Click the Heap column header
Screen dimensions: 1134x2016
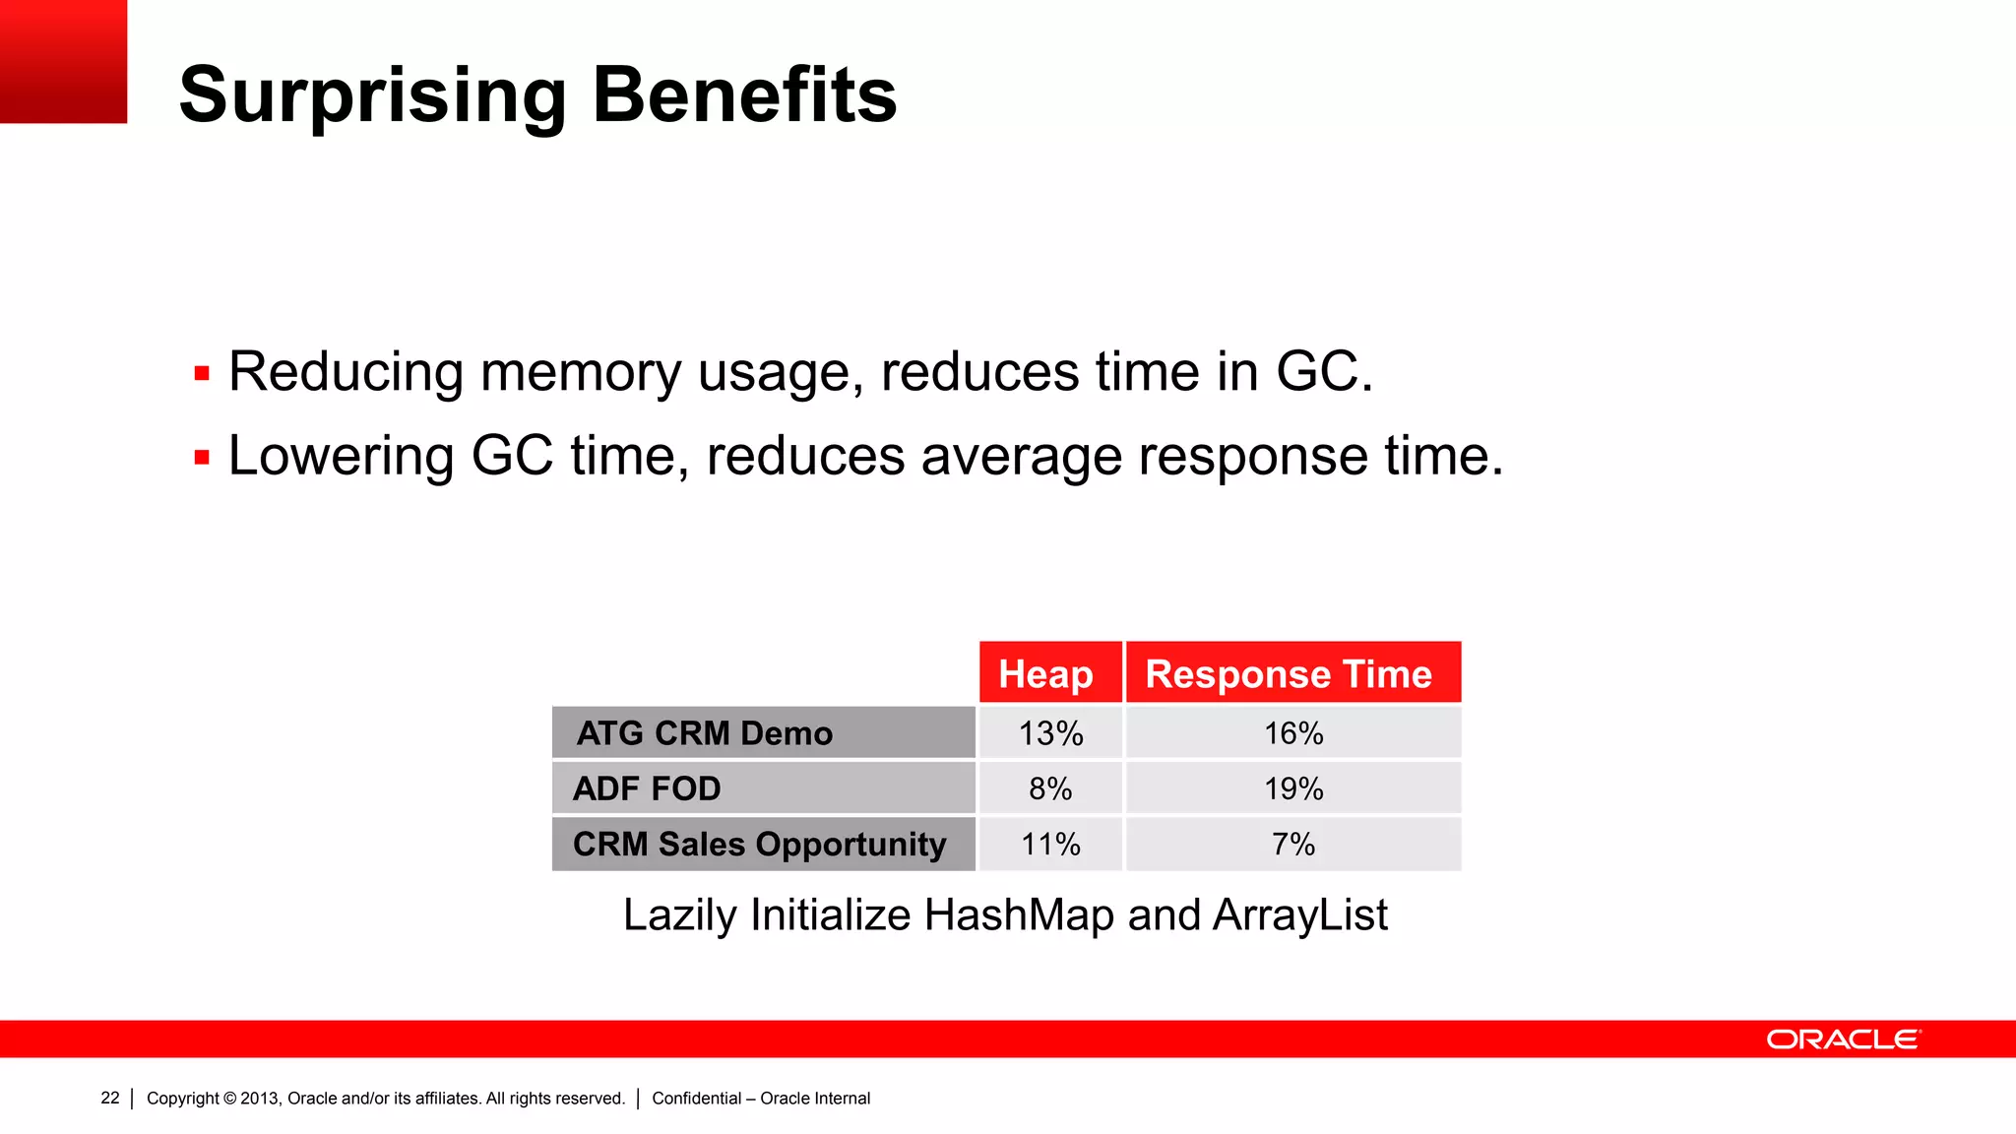[1045, 674]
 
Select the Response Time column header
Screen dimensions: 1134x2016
[1289, 674]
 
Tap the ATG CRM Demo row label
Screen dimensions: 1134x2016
[705, 733]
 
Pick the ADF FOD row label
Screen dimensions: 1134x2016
[647, 788]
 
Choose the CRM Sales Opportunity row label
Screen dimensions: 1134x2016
[759, 845]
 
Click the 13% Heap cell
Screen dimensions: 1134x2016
[1050, 733]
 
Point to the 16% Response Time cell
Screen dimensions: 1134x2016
[1293, 733]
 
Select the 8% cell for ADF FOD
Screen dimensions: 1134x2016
[1050, 788]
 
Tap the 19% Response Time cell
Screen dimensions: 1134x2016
[1293, 788]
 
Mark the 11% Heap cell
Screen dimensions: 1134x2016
[1050, 845]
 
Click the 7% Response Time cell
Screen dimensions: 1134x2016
[1293, 845]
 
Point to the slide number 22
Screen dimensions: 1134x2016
[110, 1098]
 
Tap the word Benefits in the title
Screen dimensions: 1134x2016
[745, 95]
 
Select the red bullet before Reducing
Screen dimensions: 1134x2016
[202, 374]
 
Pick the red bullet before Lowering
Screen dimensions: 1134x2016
[202, 458]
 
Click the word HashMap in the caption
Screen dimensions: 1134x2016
[1019, 915]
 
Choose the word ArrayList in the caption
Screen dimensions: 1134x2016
[1299, 915]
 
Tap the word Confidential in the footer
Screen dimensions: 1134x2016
[696, 1099]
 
